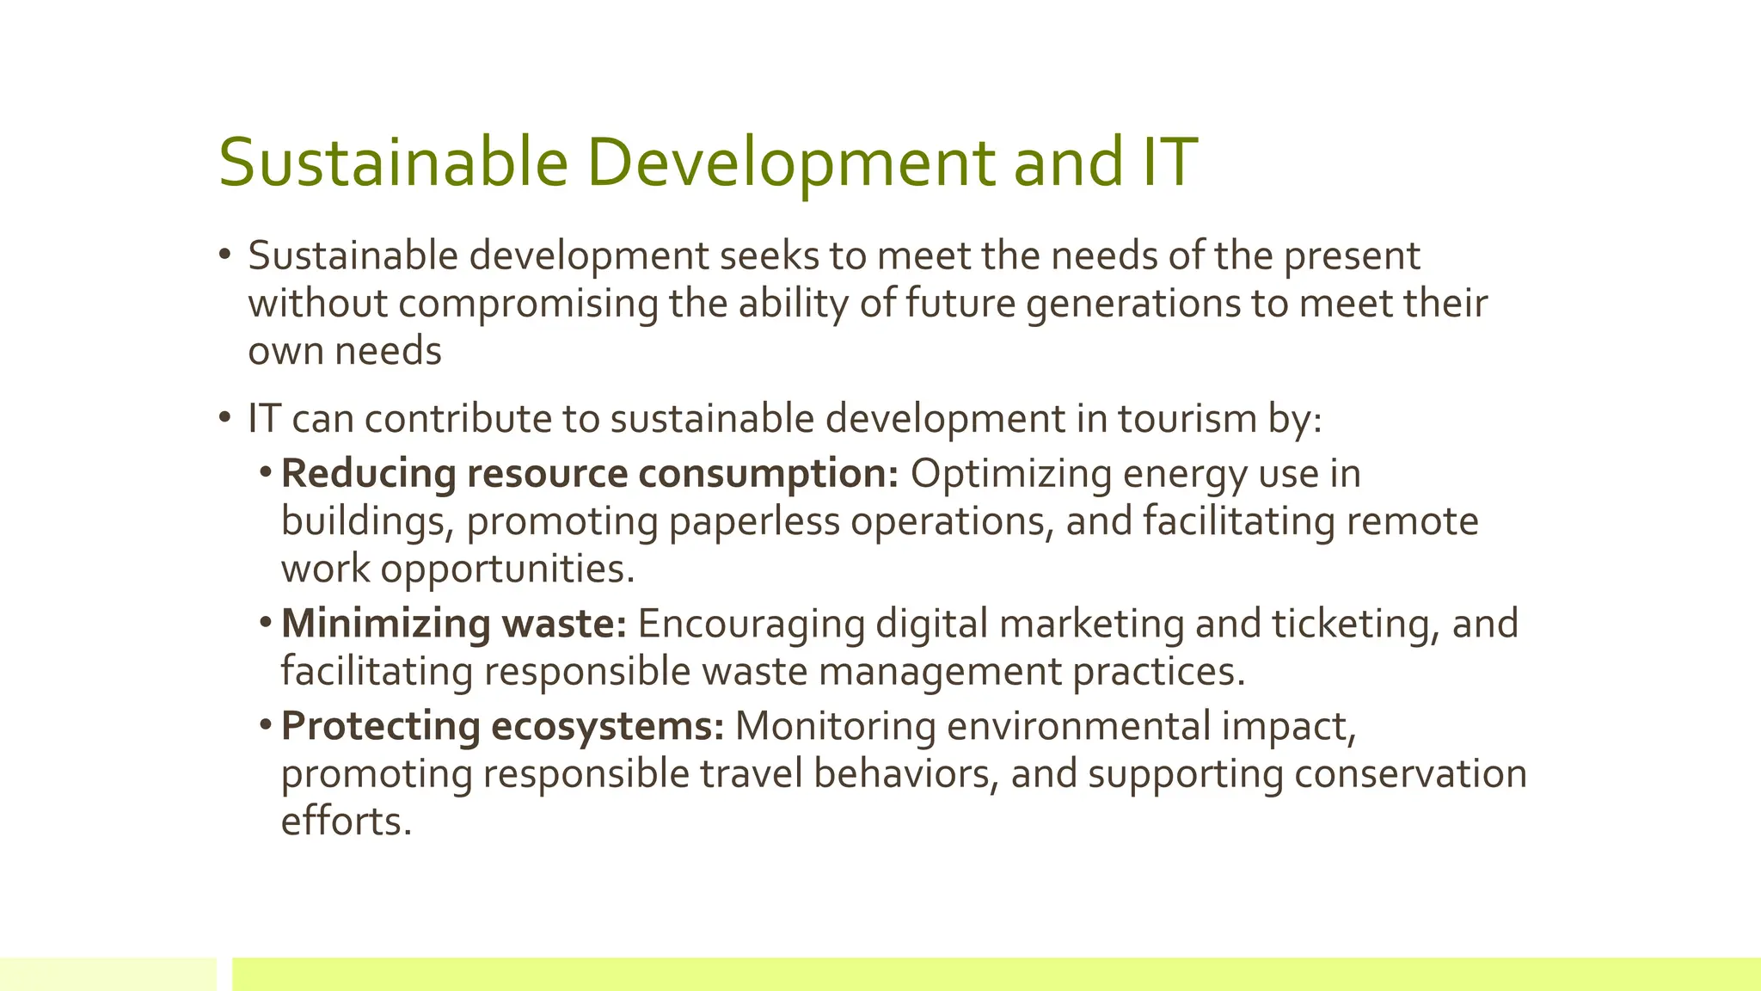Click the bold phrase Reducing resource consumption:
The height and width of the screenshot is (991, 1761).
[x=590, y=474]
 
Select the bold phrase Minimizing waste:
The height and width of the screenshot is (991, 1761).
[x=454, y=624]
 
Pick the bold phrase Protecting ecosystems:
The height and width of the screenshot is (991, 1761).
[x=503, y=726]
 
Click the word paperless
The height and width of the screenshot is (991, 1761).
[x=754, y=521]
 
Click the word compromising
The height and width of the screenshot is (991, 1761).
[x=529, y=304]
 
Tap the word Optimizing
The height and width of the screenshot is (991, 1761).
[x=1011, y=474]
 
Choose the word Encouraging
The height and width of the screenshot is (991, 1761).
[x=751, y=624]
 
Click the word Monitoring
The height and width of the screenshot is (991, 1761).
[x=835, y=726]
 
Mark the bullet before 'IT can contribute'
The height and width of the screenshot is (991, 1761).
[x=225, y=418]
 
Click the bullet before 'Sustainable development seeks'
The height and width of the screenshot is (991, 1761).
[x=225, y=255]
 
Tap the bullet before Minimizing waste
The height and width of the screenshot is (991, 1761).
[x=266, y=621]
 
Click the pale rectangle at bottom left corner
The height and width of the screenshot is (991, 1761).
[x=108, y=974]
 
